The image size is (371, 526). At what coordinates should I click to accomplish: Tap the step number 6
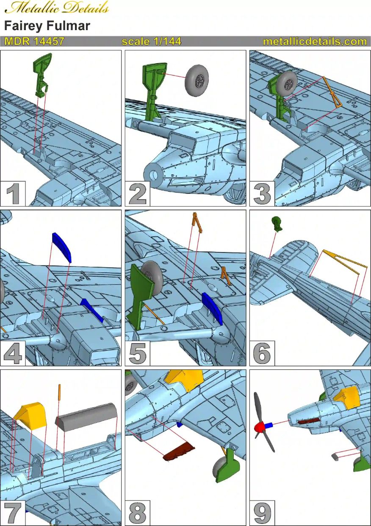(262, 353)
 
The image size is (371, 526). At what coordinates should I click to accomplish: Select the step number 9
(262, 513)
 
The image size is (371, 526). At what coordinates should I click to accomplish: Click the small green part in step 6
(277, 222)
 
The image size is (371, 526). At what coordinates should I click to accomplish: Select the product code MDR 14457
(34, 41)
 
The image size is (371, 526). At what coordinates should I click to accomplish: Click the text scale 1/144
(151, 41)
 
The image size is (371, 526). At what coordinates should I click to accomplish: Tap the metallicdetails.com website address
(315, 41)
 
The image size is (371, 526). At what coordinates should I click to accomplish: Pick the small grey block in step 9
(335, 456)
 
